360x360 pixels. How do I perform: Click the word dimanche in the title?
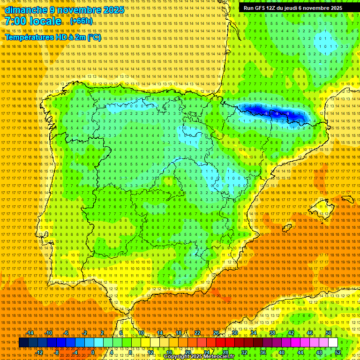click(26, 10)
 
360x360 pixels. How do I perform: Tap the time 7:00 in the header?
click(17, 21)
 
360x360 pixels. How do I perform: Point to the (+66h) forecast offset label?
click(82, 22)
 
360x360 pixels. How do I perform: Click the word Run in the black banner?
click(249, 8)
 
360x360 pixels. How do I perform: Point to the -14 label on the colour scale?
click(30, 333)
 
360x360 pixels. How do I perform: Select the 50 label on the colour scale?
click(329, 333)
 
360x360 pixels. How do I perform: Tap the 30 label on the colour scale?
click(235, 333)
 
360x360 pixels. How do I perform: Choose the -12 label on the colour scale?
click(40, 352)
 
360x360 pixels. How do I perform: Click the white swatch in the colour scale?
click(333, 343)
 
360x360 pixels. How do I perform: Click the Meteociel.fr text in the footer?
click(221, 357)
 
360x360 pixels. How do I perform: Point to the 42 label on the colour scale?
click(291, 333)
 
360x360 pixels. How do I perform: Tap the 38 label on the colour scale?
click(272, 333)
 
